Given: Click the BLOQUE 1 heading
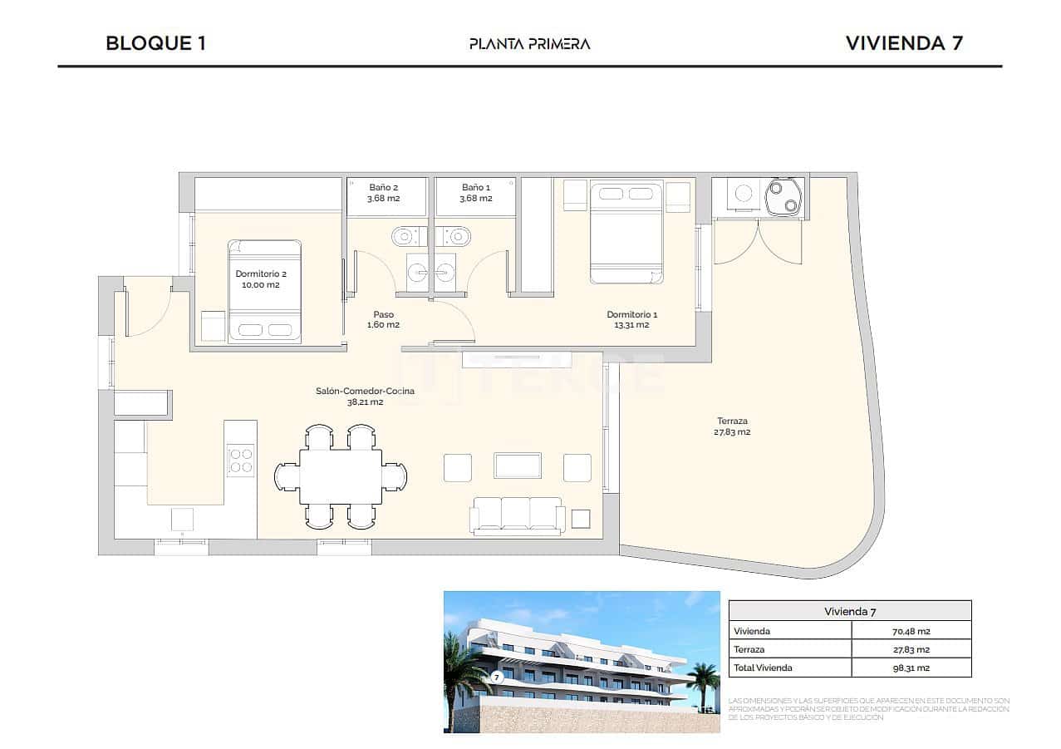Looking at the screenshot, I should [155, 43].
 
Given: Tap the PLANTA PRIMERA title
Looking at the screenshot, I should [529, 44].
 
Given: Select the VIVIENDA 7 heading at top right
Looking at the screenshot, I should [904, 43].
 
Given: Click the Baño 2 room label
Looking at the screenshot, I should [384, 188].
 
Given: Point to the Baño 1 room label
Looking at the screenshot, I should [476, 188].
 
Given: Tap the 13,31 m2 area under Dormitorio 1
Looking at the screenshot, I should [631, 325].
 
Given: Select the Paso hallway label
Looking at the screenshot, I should [383, 314].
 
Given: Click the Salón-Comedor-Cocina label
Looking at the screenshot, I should [365, 391].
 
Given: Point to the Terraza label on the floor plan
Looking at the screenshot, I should [731, 421].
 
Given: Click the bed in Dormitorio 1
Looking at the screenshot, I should [626, 234].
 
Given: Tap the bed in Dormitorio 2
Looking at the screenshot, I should [265, 291].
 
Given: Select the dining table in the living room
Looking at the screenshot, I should [341, 476].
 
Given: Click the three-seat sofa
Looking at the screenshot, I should [517, 515].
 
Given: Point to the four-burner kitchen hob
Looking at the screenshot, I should [241, 460].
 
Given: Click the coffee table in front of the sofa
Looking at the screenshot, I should [517, 466].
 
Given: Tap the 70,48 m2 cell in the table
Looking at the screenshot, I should [911, 631].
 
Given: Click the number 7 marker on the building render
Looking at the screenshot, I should [497, 677].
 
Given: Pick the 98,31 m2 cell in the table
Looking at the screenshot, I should [911, 668].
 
